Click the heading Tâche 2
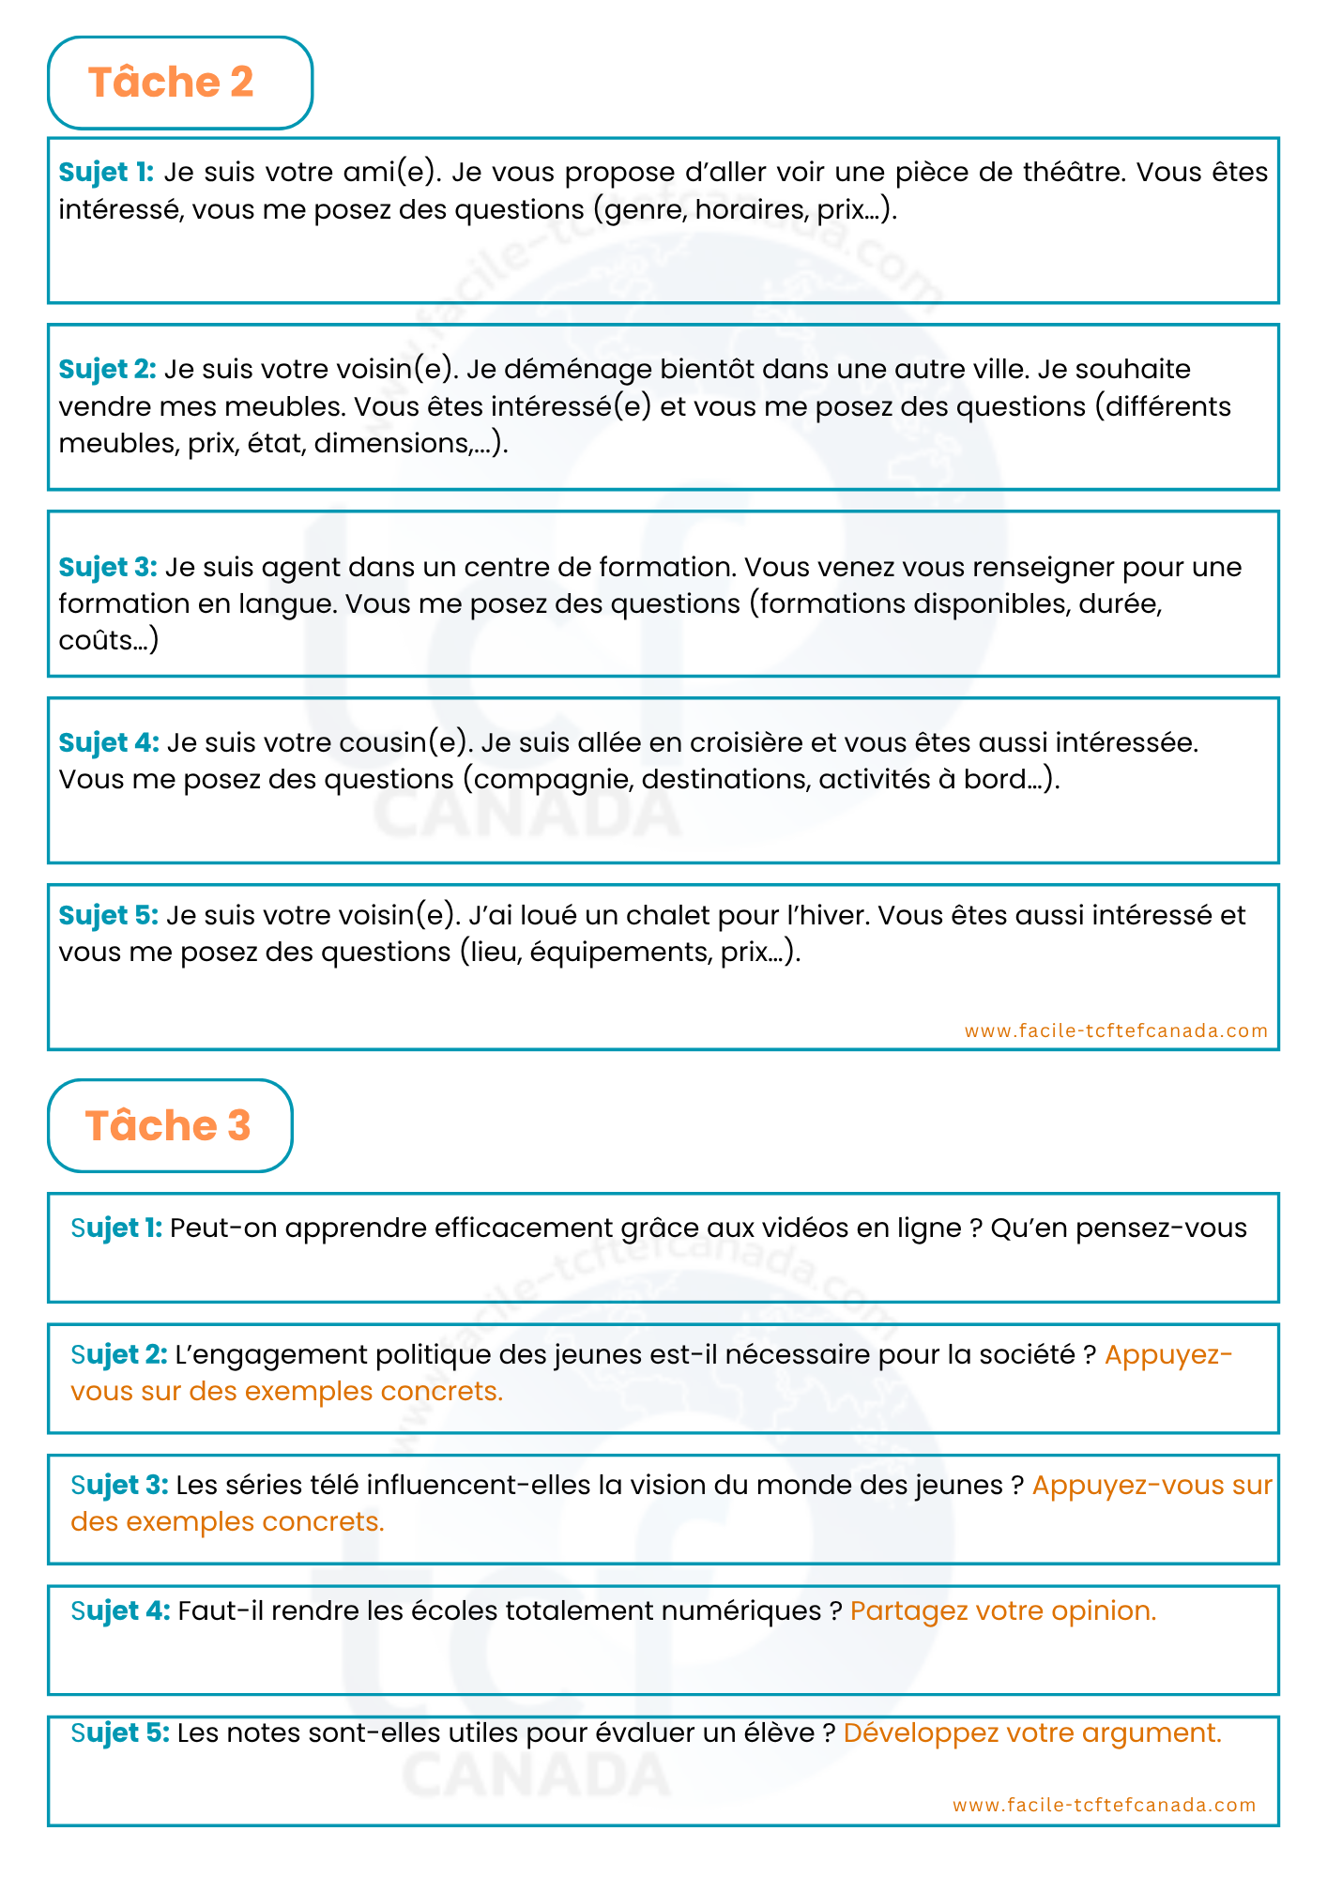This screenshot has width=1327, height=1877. point(171,83)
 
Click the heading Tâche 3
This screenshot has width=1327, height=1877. point(168,1125)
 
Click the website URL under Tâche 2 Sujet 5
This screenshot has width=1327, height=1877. point(1116,1030)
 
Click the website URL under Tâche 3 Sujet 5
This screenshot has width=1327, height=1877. point(1104,1805)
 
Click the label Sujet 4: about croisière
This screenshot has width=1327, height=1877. point(109,743)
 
